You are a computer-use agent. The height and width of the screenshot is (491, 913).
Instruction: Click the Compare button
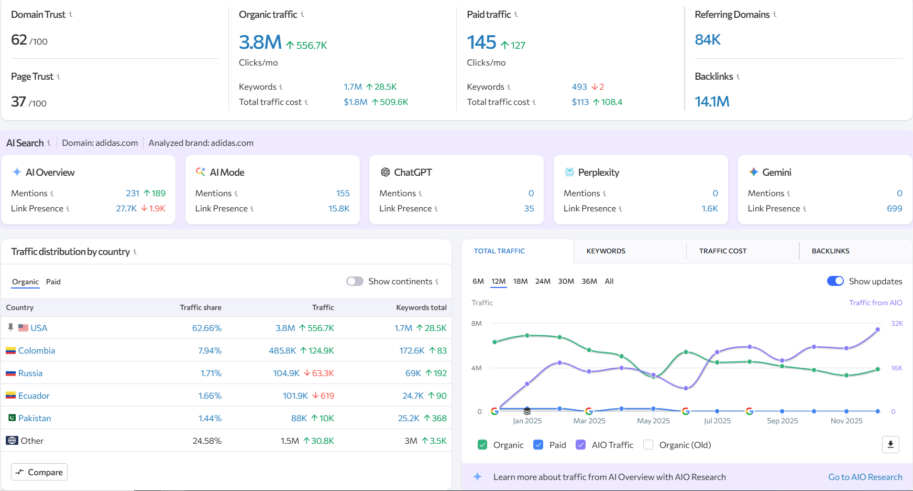click(x=39, y=472)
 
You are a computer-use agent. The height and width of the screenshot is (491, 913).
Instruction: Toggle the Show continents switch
click(x=355, y=281)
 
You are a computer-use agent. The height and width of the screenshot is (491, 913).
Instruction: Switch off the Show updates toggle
click(x=835, y=281)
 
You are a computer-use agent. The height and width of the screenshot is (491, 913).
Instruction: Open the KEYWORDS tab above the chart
click(x=606, y=251)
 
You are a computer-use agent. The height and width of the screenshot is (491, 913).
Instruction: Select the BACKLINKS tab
click(x=830, y=251)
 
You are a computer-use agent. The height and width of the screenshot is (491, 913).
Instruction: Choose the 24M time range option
click(x=543, y=281)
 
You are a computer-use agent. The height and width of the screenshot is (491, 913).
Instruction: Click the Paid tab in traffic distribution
click(x=53, y=282)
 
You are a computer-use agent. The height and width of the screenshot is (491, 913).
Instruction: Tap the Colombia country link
click(x=36, y=350)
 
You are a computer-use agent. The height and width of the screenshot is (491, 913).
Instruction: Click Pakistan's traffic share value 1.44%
click(x=210, y=418)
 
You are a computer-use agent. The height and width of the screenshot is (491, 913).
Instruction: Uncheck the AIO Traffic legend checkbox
click(x=580, y=445)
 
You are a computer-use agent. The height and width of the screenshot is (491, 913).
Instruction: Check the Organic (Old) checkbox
click(x=648, y=445)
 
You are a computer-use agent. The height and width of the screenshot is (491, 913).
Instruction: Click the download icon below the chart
click(x=890, y=445)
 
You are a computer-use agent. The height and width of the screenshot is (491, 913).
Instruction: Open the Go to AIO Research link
click(x=865, y=477)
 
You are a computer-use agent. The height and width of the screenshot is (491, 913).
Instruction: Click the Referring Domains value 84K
click(x=708, y=40)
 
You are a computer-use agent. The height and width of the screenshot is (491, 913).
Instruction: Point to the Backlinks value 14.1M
click(x=711, y=102)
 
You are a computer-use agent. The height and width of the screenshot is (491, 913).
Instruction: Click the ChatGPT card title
click(x=413, y=172)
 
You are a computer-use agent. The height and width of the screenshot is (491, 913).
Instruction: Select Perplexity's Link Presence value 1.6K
click(x=709, y=208)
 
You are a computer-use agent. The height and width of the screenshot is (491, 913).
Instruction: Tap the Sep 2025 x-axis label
click(x=782, y=421)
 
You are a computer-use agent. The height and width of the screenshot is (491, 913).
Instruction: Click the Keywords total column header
click(x=421, y=307)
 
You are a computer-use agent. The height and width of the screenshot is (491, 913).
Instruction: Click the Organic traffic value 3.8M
click(x=260, y=42)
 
